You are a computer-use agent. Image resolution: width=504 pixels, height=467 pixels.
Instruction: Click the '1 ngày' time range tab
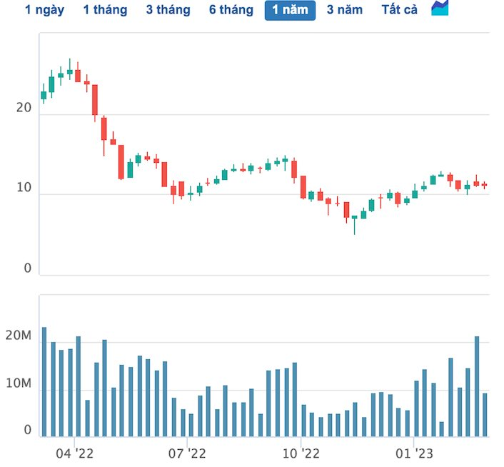(x=44, y=10)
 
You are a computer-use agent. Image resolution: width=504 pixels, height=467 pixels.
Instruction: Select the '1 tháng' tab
(x=105, y=10)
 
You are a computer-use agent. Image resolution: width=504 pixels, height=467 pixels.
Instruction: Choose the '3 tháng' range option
(x=168, y=10)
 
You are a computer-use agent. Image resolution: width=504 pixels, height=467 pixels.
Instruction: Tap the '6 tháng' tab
(x=231, y=10)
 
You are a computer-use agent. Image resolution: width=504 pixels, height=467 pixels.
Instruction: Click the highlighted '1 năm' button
(x=290, y=10)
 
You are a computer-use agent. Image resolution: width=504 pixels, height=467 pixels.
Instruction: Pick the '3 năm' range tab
(x=345, y=10)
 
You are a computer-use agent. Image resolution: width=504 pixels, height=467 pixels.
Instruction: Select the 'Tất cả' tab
(x=400, y=10)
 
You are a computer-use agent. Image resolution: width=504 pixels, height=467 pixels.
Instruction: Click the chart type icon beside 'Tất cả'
(x=440, y=9)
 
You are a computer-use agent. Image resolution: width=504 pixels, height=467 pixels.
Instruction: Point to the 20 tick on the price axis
(x=24, y=108)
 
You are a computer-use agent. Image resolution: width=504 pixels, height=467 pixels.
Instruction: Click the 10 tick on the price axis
(x=24, y=188)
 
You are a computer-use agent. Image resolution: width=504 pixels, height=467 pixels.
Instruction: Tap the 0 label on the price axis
(x=28, y=268)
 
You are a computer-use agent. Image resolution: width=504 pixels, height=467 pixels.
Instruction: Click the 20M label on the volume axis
(x=19, y=336)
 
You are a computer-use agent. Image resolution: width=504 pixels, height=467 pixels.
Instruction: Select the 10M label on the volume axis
(x=19, y=384)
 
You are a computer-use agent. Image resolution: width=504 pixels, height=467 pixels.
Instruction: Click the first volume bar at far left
(x=44, y=381)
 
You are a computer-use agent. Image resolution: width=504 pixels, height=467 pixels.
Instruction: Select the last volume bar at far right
(x=485, y=414)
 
